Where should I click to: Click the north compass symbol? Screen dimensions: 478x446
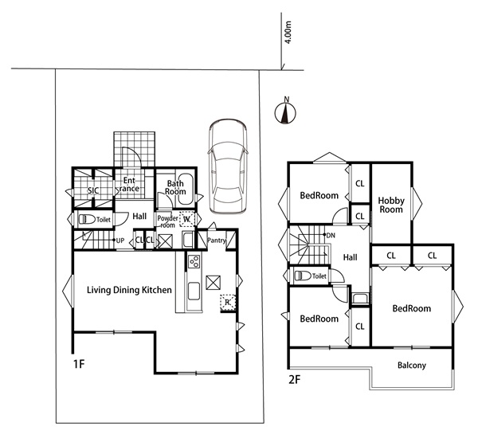(x=286, y=112)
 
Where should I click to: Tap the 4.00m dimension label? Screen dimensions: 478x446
(x=288, y=33)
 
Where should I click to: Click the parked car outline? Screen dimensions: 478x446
(x=227, y=166)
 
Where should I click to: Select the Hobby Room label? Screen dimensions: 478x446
(x=391, y=205)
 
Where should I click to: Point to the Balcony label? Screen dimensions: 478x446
(x=412, y=366)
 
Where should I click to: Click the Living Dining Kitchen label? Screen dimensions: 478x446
(x=129, y=290)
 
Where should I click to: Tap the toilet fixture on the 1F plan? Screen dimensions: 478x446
(x=87, y=219)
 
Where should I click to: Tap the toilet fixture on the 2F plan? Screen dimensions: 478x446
(x=303, y=276)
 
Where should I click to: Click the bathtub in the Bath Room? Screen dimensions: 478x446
(x=186, y=190)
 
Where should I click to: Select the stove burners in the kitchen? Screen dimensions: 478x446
(x=194, y=261)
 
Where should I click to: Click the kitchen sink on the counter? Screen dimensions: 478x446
(x=194, y=291)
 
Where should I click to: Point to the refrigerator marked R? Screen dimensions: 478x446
(x=228, y=302)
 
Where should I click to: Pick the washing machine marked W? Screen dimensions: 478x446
(x=186, y=219)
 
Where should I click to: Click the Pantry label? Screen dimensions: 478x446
(x=217, y=241)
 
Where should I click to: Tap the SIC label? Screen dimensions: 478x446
(x=93, y=190)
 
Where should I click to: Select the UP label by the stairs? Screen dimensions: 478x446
(x=120, y=241)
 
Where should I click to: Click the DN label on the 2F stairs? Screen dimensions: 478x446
(x=331, y=236)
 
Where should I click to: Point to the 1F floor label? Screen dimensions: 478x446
(x=79, y=364)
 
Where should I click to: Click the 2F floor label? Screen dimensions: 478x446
(x=295, y=380)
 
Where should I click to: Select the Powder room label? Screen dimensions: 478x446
(x=167, y=221)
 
